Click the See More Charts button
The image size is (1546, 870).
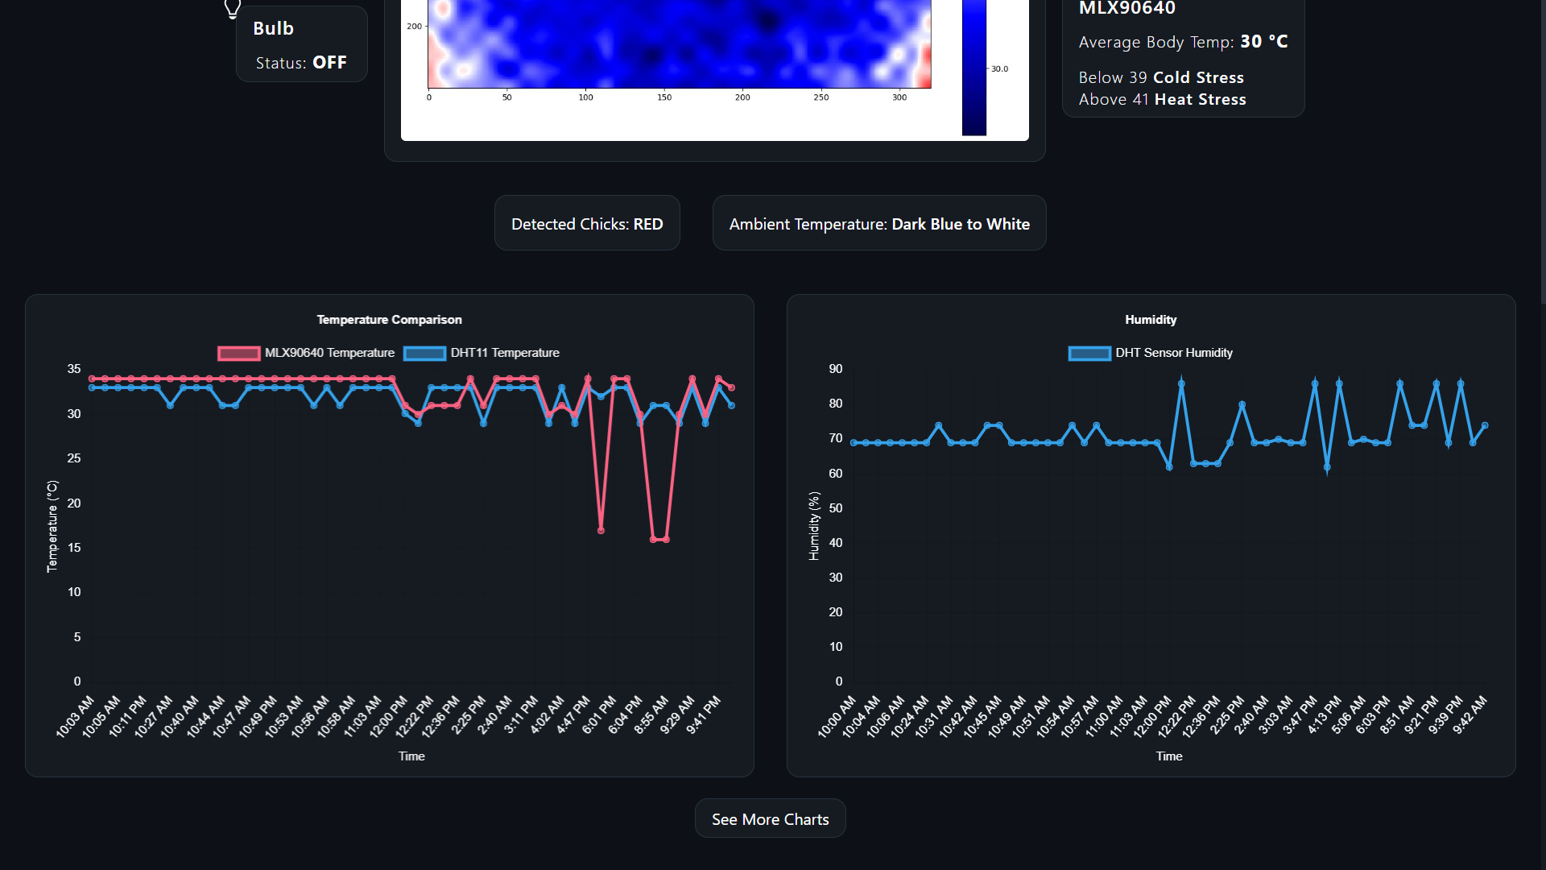770,819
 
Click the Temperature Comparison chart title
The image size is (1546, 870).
389,320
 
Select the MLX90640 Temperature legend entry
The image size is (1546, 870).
306,353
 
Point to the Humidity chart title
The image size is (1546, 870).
1151,320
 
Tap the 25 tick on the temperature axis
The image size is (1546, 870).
74,458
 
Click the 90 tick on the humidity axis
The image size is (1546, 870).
836,369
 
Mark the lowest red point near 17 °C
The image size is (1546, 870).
601,530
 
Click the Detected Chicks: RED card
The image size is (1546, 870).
587,224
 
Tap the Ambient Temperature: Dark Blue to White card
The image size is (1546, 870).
879,224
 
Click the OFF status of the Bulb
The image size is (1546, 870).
329,63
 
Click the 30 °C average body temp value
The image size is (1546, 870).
1263,42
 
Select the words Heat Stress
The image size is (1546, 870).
1200,100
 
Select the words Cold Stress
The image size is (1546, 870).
1198,78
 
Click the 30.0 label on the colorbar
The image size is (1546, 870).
999,69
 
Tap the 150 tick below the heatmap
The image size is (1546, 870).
663,97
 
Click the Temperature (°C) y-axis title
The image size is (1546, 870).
52,526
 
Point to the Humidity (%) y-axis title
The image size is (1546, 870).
814,526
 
